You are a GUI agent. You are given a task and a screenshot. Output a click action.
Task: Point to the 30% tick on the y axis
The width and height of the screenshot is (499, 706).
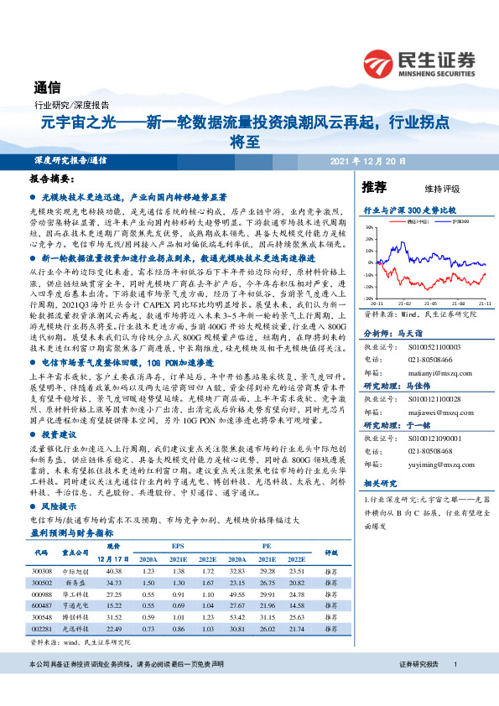368,226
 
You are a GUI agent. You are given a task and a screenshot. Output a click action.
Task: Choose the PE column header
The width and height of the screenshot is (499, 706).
267,544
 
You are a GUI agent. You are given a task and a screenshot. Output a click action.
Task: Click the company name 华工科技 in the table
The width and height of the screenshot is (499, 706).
75,592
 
